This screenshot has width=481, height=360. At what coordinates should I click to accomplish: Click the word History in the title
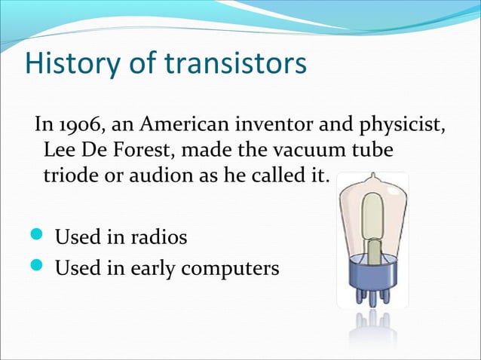point(70,65)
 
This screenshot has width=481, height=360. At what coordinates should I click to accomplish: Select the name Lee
point(60,151)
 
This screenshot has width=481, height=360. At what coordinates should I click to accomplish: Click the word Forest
point(143,151)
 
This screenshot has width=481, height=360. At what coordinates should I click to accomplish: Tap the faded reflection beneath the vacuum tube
point(373,331)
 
